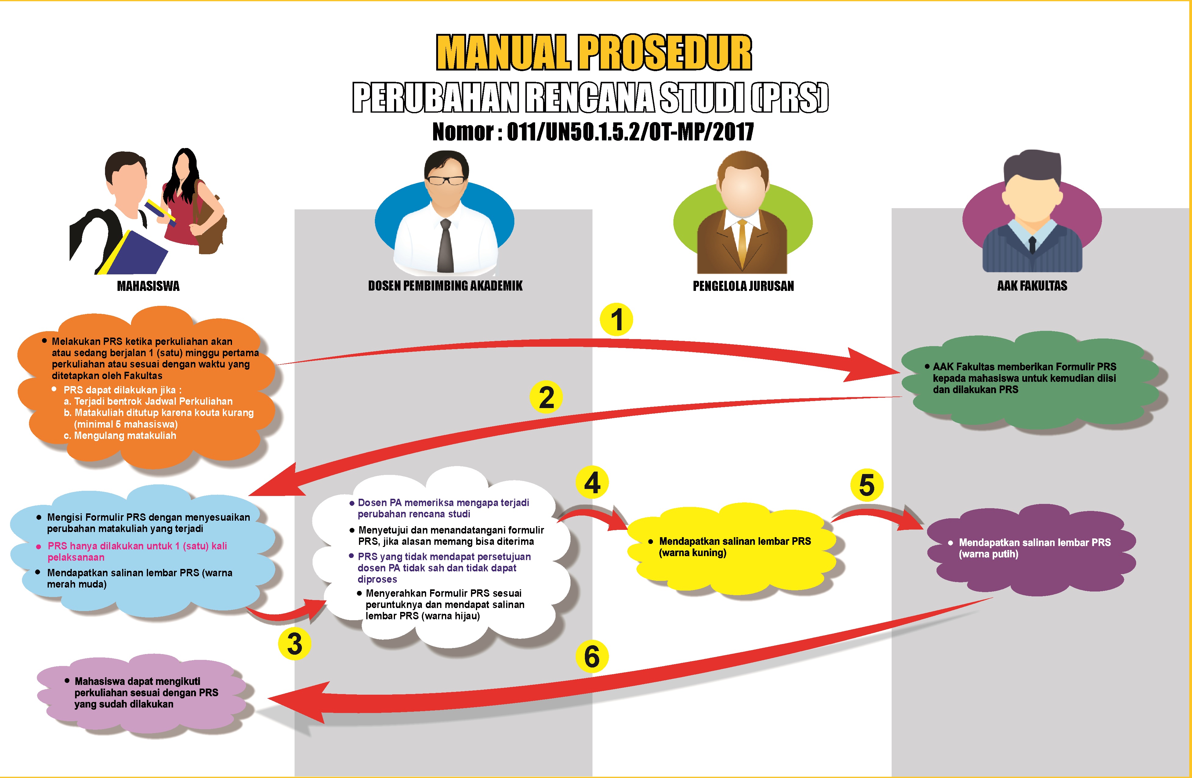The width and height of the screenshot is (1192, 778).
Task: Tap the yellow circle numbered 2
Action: point(546,397)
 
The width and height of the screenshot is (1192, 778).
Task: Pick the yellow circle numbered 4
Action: point(592,483)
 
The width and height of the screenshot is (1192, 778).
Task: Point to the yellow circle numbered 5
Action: point(867,485)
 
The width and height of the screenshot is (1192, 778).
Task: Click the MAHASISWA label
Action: point(148,286)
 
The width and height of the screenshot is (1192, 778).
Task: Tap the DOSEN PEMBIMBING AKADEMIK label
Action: point(445,286)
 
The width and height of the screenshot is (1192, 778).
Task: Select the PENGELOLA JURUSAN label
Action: point(743,286)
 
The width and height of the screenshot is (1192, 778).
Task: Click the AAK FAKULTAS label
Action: point(1032,286)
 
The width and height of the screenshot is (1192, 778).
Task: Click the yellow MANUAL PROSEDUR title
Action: point(594,52)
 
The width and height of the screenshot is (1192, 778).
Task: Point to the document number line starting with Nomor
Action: point(593,132)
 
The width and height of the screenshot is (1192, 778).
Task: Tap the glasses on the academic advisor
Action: point(445,180)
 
